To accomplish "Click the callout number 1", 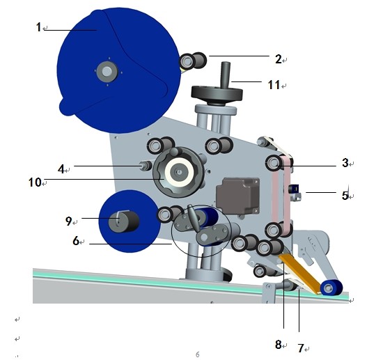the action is coord(38,27).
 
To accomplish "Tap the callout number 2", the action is coord(279,59).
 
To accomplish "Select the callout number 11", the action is coord(274,85).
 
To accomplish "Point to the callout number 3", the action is coord(345,163).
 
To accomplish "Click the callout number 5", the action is coord(345,196).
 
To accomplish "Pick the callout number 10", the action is coord(35,182).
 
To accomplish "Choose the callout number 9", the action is coord(69,221).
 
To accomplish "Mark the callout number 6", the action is coord(76,241).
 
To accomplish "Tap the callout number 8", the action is coord(279,345).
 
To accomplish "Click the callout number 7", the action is coord(301,348).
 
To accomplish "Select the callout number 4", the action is coord(61,169).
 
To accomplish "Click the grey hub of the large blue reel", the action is coord(107,71).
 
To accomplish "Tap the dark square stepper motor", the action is coord(238,196).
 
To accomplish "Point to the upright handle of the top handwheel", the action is coord(226,75).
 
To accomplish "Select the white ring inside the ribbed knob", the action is coord(180,173).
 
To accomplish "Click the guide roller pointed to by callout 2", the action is coord(193,61).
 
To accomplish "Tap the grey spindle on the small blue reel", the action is coord(124,221).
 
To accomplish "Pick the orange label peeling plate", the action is coord(300,273).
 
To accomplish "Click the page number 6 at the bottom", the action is coord(198,354).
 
